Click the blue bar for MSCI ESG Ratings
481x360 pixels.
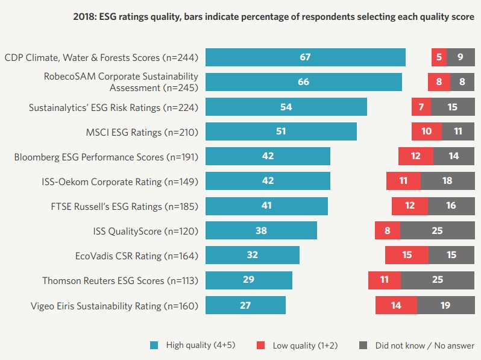pyautogui.click(x=281, y=131)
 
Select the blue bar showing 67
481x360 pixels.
pyautogui.click(x=305, y=57)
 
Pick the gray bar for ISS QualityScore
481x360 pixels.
pyautogui.click(x=437, y=230)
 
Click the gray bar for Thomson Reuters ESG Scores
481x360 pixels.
pyautogui.click(x=438, y=280)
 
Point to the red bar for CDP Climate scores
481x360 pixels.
pyautogui.click(x=438, y=57)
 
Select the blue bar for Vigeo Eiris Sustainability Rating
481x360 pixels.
pyautogui.click(x=245, y=305)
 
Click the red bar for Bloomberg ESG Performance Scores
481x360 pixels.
pyautogui.click(x=415, y=156)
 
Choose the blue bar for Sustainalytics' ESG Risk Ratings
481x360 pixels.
pyautogui.click(x=286, y=107)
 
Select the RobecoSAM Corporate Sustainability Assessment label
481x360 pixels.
pyautogui.click(x=121, y=82)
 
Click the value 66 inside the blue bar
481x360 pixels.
pyautogui.click(x=303, y=82)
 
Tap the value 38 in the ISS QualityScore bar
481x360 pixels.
pyautogui.click(x=261, y=230)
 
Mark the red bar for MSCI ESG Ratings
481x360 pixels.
pyautogui.click(x=426, y=131)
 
